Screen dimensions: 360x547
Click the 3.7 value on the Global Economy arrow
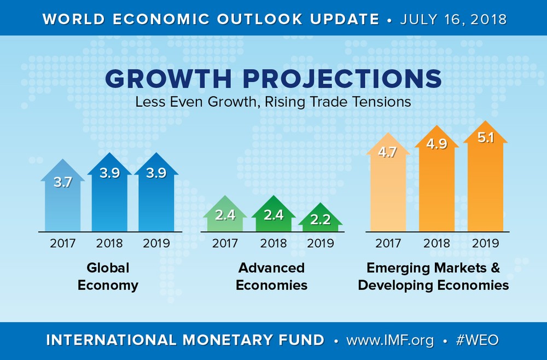(x=62, y=183)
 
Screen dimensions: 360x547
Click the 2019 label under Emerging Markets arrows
(x=485, y=243)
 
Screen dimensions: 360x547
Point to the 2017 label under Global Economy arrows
(x=62, y=243)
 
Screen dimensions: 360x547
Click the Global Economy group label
(x=108, y=276)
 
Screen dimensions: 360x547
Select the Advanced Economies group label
(x=272, y=276)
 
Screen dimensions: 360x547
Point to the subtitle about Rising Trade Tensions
(x=273, y=102)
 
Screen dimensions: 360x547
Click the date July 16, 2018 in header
(x=453, y=19)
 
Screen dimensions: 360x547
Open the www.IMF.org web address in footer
(x=390, y=340)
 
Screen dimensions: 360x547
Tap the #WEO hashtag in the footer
(x=477, y=340)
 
